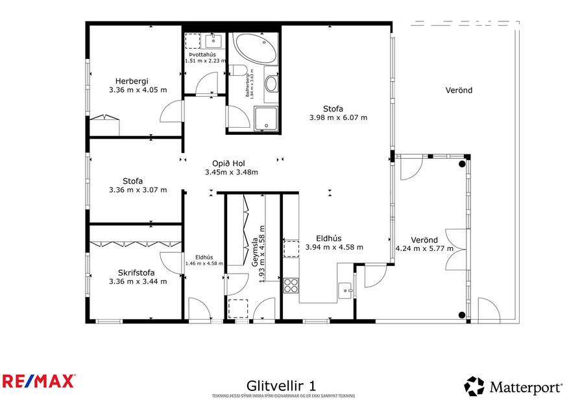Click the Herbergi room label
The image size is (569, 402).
[138, 81]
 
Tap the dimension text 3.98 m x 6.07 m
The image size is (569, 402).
[339, 118]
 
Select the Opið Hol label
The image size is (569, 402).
[231, 163]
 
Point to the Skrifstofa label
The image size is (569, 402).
[136, 272]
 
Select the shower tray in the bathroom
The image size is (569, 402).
[266, 118]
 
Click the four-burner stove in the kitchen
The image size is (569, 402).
[291, 285]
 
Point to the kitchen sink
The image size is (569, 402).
[345, 290]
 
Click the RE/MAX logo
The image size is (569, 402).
[39, 381]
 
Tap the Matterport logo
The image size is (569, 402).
[513, 387]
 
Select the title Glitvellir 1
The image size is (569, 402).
[282, 386]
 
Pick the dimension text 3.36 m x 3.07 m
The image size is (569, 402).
[138, 190]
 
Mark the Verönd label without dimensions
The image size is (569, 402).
[459, 90]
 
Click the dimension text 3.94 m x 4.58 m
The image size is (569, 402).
[334, 247]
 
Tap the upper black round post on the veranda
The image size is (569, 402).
[462, 164]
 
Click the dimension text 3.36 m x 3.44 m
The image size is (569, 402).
[138, 281]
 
